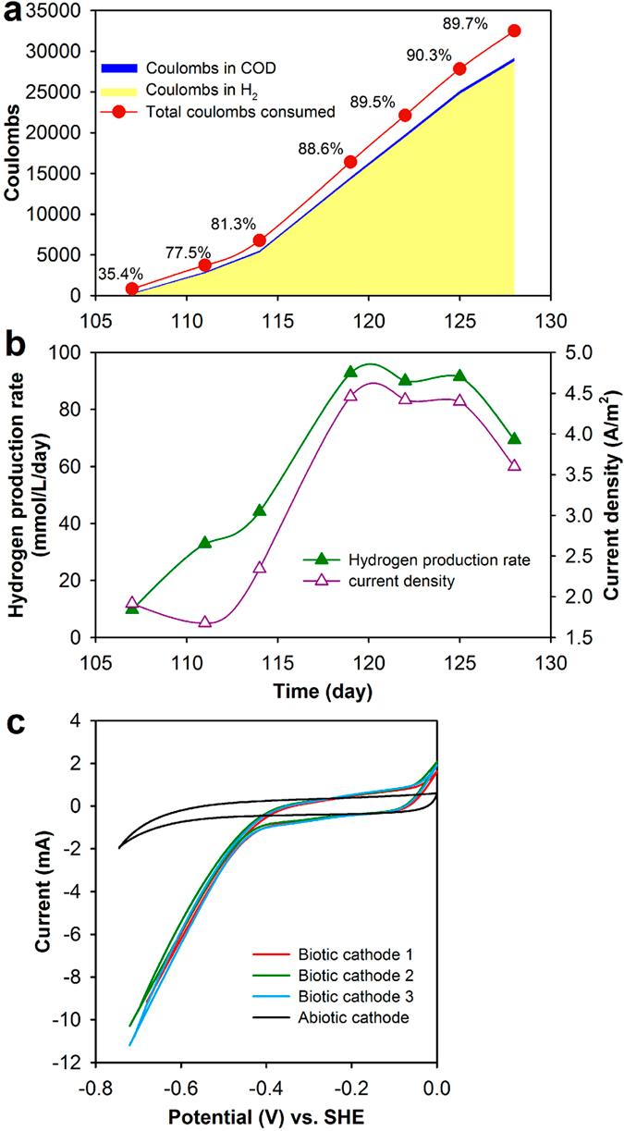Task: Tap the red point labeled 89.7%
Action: coord(514,31)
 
